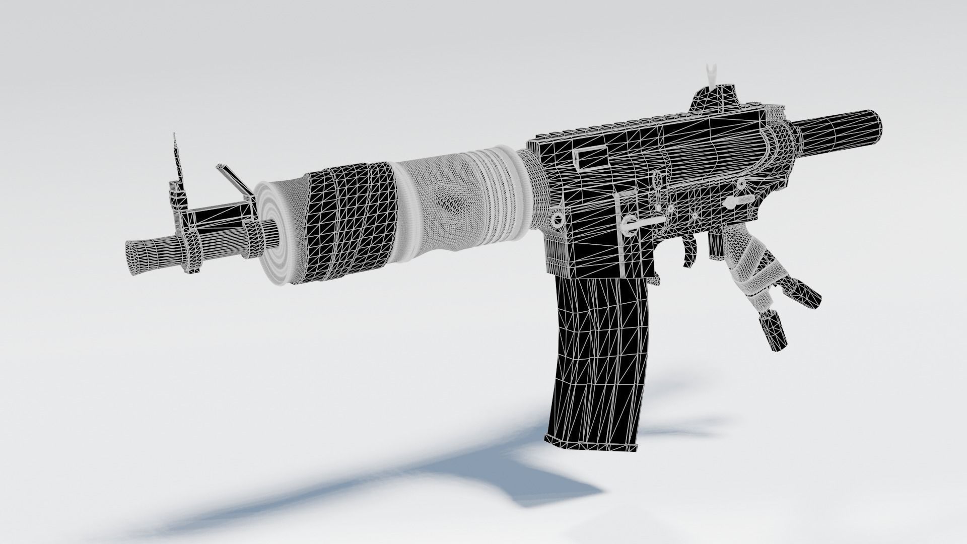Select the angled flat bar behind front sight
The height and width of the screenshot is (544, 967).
coord(233,179)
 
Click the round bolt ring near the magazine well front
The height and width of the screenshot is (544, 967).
coord(558,220)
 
